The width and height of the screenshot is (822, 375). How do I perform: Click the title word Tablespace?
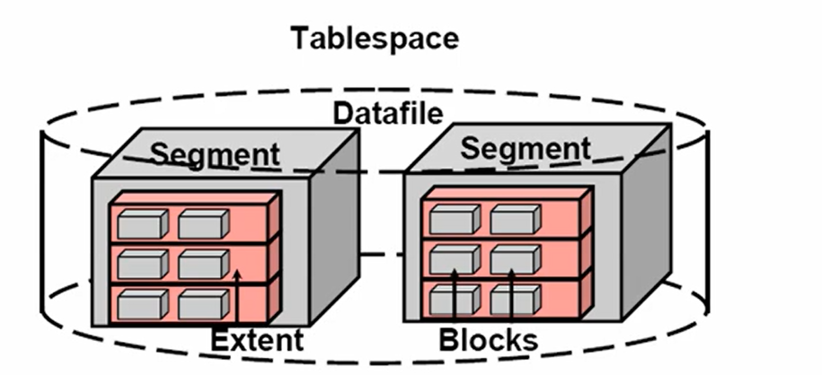(x=374, y=39)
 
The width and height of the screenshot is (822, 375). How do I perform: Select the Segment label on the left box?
(x=214, y=153)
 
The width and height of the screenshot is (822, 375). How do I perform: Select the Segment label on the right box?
(x=526, y=147)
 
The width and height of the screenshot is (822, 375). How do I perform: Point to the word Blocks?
(x=488, y=340)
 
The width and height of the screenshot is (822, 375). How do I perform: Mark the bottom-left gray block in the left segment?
(x=142, y=306)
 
